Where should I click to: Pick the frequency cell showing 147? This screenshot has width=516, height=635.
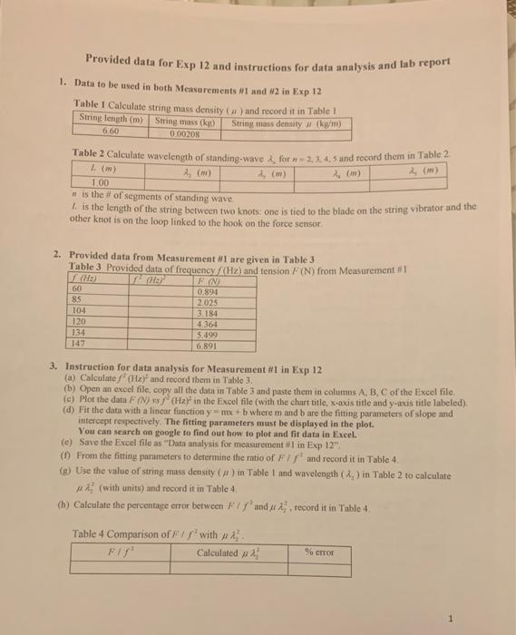(x=77, y=345)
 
